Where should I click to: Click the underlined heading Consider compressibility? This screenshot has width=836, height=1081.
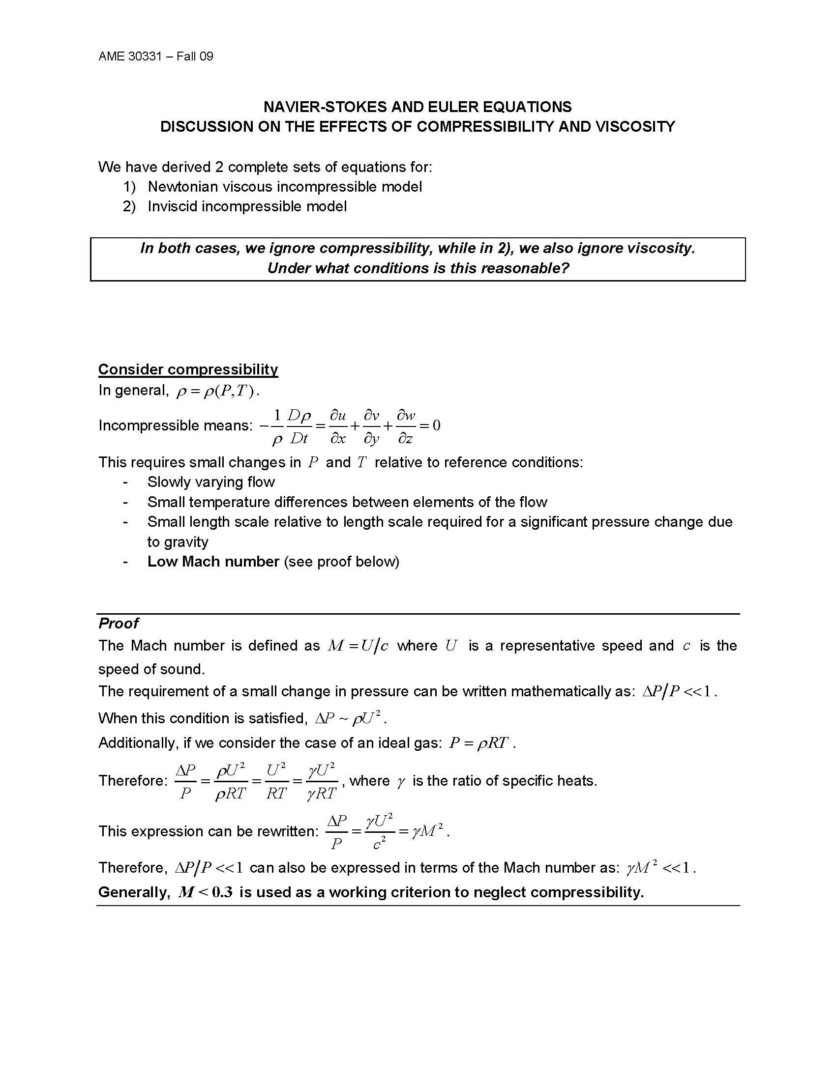(188, 369)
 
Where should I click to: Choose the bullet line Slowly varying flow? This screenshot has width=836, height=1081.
(211, 482)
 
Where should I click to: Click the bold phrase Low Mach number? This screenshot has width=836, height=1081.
(213, 562)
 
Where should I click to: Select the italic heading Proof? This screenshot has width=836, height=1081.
(119, 623)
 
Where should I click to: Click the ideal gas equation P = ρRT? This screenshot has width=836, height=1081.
(478, 743)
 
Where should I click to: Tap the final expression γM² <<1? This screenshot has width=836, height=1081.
(658, 868)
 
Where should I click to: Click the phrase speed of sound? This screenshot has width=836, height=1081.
(151, 669)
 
